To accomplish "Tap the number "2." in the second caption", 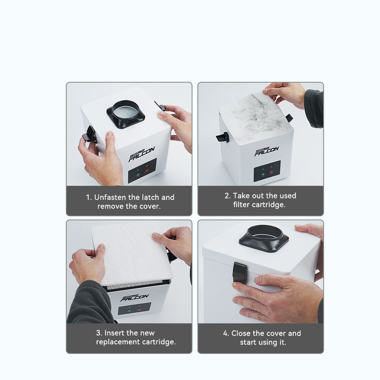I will point(228,196).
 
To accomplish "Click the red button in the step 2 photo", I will point(271,172).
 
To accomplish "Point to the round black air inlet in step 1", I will point(125,113).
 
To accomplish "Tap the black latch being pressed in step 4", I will point(239,272).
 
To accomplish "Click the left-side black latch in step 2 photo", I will point(223,137).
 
